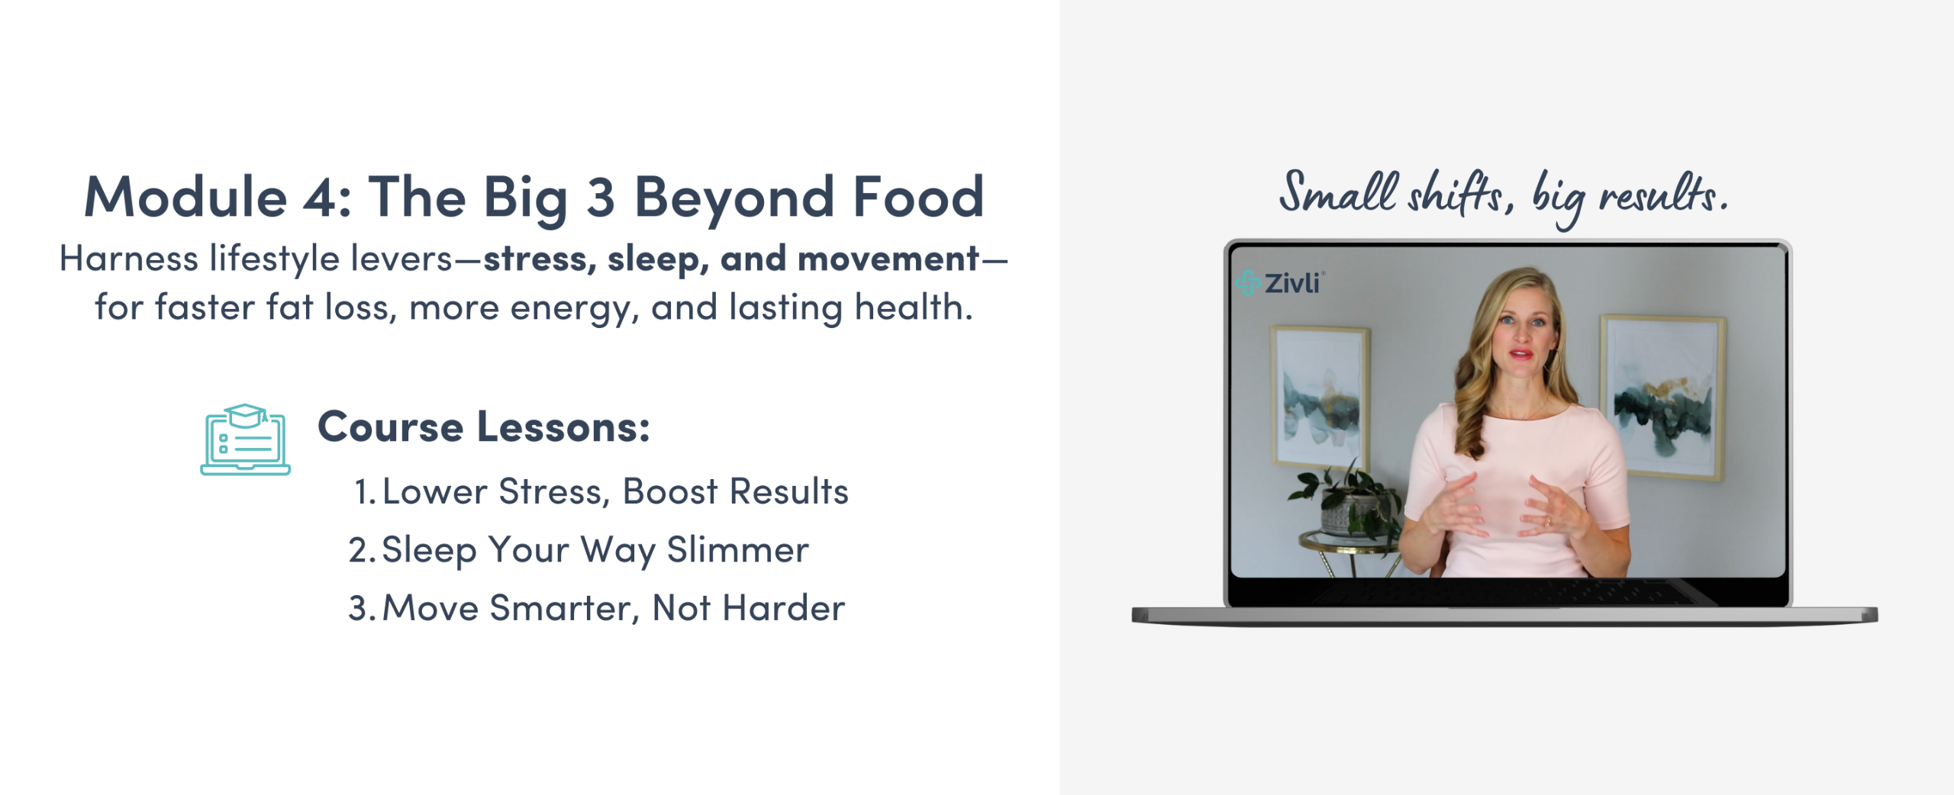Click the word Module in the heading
(185, 197)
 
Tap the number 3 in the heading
(601, 197)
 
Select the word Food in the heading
(918, 197)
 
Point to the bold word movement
(888, 259)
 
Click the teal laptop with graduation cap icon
(245, 439)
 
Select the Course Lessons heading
(484, 426)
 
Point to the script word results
(1663, 194)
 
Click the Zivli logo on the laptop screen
(1279, 283)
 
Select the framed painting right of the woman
(1662, 397)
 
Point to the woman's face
(1520, 336)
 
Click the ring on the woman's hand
(1547, 523)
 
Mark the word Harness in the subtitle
(129, 259)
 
